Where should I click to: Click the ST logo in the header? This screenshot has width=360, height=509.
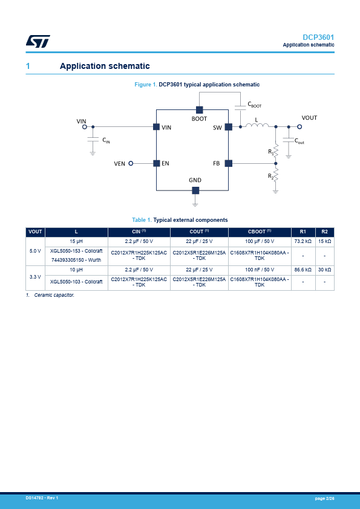tap(38, 41)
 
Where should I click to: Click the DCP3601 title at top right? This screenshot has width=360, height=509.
tap(318, 37)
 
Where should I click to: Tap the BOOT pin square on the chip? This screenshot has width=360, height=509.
tap(200, 110)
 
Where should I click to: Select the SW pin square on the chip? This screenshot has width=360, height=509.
tap(229, 126)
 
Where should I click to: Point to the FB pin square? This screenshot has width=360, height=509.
tap(229, 163)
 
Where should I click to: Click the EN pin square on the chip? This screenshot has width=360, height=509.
tap(156, 163)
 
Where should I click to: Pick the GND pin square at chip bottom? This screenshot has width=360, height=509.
tap(195, 190)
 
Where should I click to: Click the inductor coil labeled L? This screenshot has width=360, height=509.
tap(257, 126)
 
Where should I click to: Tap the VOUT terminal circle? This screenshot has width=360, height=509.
tap(299, 126)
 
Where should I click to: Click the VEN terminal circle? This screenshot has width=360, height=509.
tap(131, 163)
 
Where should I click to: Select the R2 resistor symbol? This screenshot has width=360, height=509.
tap(276, 175)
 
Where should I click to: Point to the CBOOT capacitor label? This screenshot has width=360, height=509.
tap(254, 105)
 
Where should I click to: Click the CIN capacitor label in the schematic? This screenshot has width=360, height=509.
tap(106, 140)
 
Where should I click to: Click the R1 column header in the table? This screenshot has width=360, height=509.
tap(303, 232)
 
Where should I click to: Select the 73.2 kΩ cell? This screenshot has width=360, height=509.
tap(303, 242)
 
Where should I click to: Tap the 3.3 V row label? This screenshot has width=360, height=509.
tap(35, 277)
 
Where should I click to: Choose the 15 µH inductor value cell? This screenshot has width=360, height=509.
tap(76, 242)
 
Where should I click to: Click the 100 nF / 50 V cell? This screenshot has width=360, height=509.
tap(260, 270)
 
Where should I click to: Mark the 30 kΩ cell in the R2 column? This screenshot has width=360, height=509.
tap(324, 270)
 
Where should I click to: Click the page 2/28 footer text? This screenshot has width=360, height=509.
tap(324, 498)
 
